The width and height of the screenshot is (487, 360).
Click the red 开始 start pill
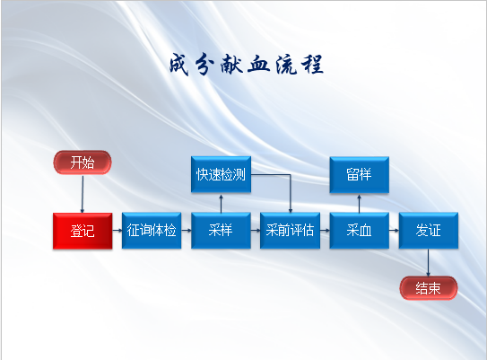83,162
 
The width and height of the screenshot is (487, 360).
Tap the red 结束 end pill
429,288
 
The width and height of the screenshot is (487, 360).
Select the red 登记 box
83,231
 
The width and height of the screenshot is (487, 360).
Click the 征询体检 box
152,231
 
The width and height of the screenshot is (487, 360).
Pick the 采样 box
221,231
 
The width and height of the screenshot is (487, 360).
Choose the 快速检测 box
221,174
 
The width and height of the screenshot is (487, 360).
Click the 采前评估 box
290,231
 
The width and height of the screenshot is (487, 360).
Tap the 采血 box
359,231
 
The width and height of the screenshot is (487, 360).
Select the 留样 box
359,175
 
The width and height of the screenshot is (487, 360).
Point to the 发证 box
429,231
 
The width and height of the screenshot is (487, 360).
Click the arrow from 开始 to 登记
83,194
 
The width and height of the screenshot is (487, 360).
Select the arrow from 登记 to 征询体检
117,231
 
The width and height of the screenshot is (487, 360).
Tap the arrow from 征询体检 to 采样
187,231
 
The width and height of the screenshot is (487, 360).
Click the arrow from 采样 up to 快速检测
221,204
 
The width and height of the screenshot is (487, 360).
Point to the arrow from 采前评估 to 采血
325,231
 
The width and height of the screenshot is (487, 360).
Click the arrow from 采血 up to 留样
359,204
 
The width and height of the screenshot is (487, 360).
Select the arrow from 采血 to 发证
394,231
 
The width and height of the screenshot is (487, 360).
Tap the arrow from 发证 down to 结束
429,263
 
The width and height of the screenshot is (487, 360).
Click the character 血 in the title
258,65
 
